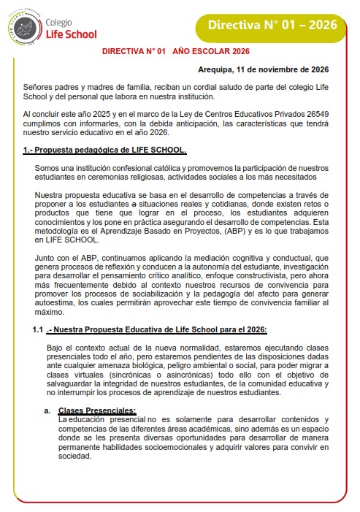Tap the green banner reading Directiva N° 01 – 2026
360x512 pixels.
[272, 25]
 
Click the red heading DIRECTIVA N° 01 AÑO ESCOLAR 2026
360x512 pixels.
[175, 52]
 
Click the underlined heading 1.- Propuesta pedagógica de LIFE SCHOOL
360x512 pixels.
[105, 150]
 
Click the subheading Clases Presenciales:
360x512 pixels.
[97, 410]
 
